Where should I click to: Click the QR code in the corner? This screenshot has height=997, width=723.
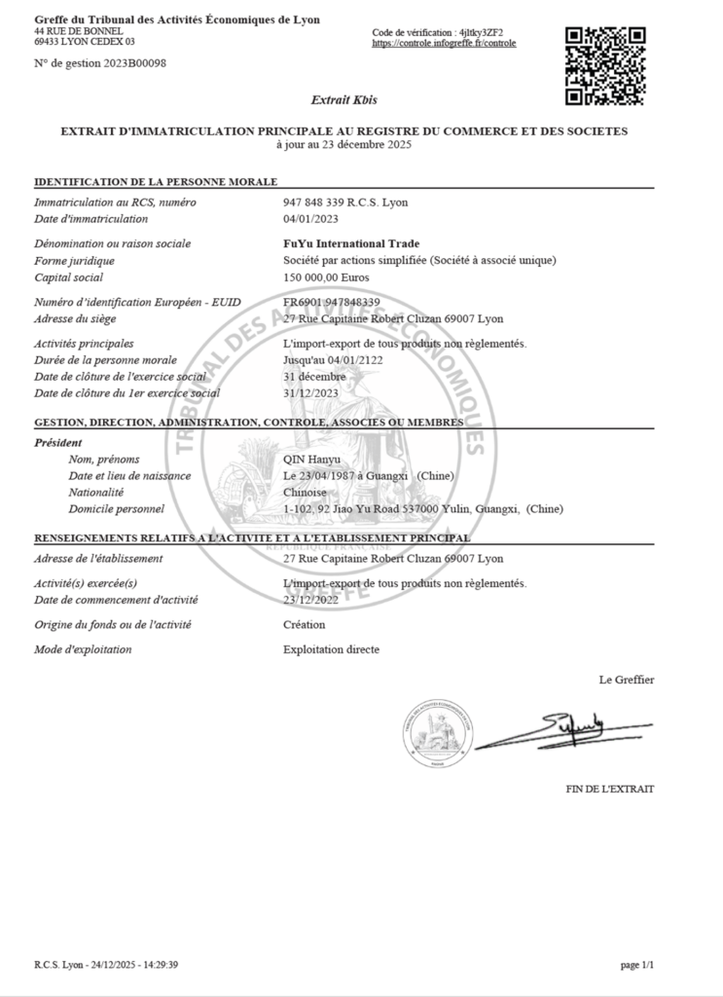[606, 64]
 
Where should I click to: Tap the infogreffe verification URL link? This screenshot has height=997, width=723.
[444, 44]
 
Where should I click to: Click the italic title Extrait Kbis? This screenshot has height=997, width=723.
[343, 99]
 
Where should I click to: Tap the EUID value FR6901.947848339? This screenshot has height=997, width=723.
[332, 303]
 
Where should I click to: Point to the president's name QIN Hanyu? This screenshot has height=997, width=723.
[310, 460]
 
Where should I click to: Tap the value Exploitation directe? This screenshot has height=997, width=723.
[331, 649]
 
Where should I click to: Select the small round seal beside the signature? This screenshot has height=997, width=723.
[437, 732]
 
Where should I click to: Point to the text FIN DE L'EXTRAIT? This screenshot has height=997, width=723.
[610, 789]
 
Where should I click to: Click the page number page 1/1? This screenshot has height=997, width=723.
[637, 965]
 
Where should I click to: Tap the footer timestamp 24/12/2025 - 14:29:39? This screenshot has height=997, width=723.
[135, 965]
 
